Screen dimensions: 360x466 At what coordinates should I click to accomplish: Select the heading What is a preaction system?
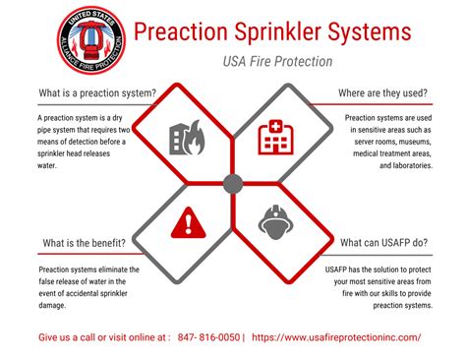[x=96, y=94]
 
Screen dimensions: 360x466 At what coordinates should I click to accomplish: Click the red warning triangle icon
[x=187, y=224]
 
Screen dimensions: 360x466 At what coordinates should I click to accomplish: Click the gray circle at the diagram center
[x=233, y=182]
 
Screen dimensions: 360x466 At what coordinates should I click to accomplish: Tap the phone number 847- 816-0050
[x=208, y=336]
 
